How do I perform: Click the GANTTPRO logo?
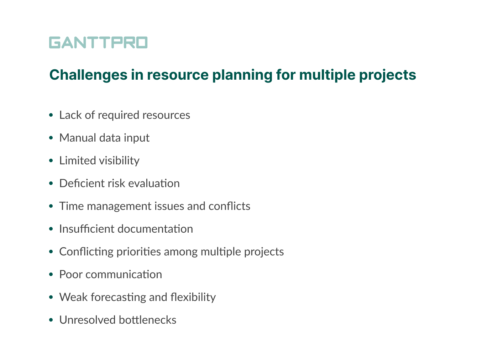pyautogui.click(x=98, y=42)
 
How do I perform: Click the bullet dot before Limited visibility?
pyautogui.click(x=51, y=161)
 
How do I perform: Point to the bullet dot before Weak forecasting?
pyautogui.click(x=51, y=297)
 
